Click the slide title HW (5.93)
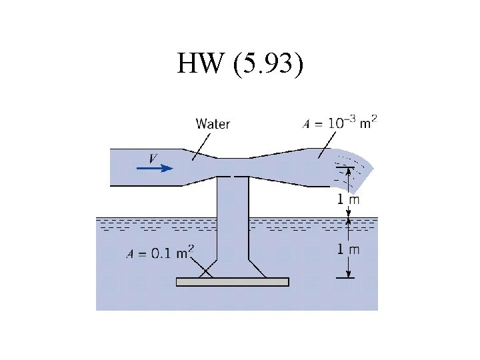click(x=240, y=65)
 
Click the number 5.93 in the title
click(x=268, y=65)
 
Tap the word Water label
click(x=213, y=123)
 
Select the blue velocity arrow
click(x=155, y=168)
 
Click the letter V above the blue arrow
click(x=153, y=158)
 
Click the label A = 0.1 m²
click(x=160, y=252)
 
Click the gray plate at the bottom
click(x=232, y=281)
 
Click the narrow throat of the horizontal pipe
click(x=233, y=167)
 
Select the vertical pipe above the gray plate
click(x=233, y=213)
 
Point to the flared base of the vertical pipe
click(x=232, y=267)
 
